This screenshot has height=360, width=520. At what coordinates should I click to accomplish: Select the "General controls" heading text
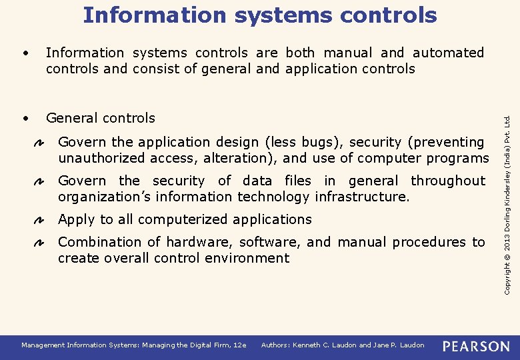[100, 118]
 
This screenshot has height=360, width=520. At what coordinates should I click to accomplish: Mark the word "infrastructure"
[358, 197]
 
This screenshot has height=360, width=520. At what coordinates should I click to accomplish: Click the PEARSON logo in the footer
[476, 346]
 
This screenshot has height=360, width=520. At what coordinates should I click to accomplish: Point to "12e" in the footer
[240, 345]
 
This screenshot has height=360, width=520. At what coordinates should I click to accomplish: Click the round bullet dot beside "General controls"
[24, 118]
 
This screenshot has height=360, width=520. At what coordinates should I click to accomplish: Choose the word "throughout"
[448, 181]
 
